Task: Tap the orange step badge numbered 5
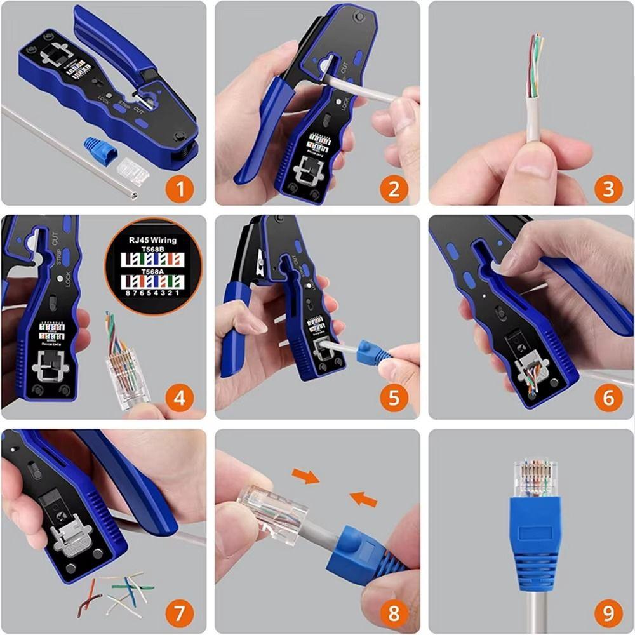pos(394,399)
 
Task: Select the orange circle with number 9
pos(608,613)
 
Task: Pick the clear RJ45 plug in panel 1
pos(132,171)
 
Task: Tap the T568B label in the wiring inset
pos(152,250)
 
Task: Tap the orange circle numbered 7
pos(181,613)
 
